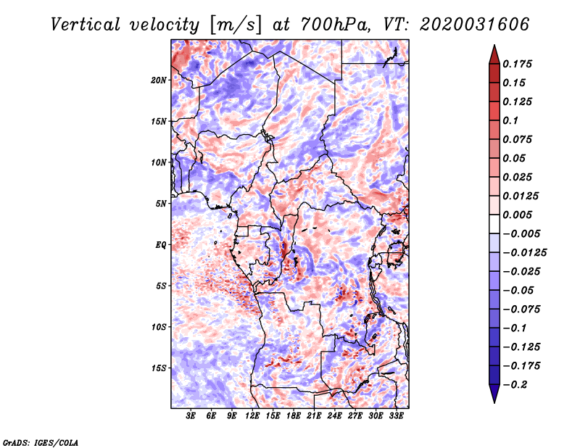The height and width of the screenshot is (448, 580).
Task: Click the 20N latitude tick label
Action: [159, 80]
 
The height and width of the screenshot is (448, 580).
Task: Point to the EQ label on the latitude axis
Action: [160, 245]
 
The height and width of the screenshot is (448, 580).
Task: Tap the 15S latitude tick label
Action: [159, 368]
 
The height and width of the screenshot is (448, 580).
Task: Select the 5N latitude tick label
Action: [161, 204]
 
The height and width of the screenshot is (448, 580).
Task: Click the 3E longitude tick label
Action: [191, 416]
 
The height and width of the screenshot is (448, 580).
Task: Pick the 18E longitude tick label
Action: [294, 416]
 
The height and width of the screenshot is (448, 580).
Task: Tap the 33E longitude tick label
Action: [396, 416]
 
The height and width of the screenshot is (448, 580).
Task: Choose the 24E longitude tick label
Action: [334, 416]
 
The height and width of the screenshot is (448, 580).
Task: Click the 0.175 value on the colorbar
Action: [517, 65]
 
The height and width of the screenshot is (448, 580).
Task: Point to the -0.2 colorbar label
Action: [515, 385]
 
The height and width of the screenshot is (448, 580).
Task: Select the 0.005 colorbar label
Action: [517, 215]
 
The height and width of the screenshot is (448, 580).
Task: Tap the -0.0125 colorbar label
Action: [524, 253]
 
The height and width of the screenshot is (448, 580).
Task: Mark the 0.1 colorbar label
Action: [510, 120]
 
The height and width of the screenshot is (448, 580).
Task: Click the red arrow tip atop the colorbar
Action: [494, 46]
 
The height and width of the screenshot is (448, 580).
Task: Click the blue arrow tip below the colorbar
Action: [494, 402]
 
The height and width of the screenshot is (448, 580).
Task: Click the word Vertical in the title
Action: [86, 25]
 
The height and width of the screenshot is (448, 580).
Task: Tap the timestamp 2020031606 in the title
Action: [475, 25]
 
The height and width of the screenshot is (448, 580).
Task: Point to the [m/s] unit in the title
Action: [235, 25]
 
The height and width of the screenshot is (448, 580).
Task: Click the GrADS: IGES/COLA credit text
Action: [41, 443]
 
